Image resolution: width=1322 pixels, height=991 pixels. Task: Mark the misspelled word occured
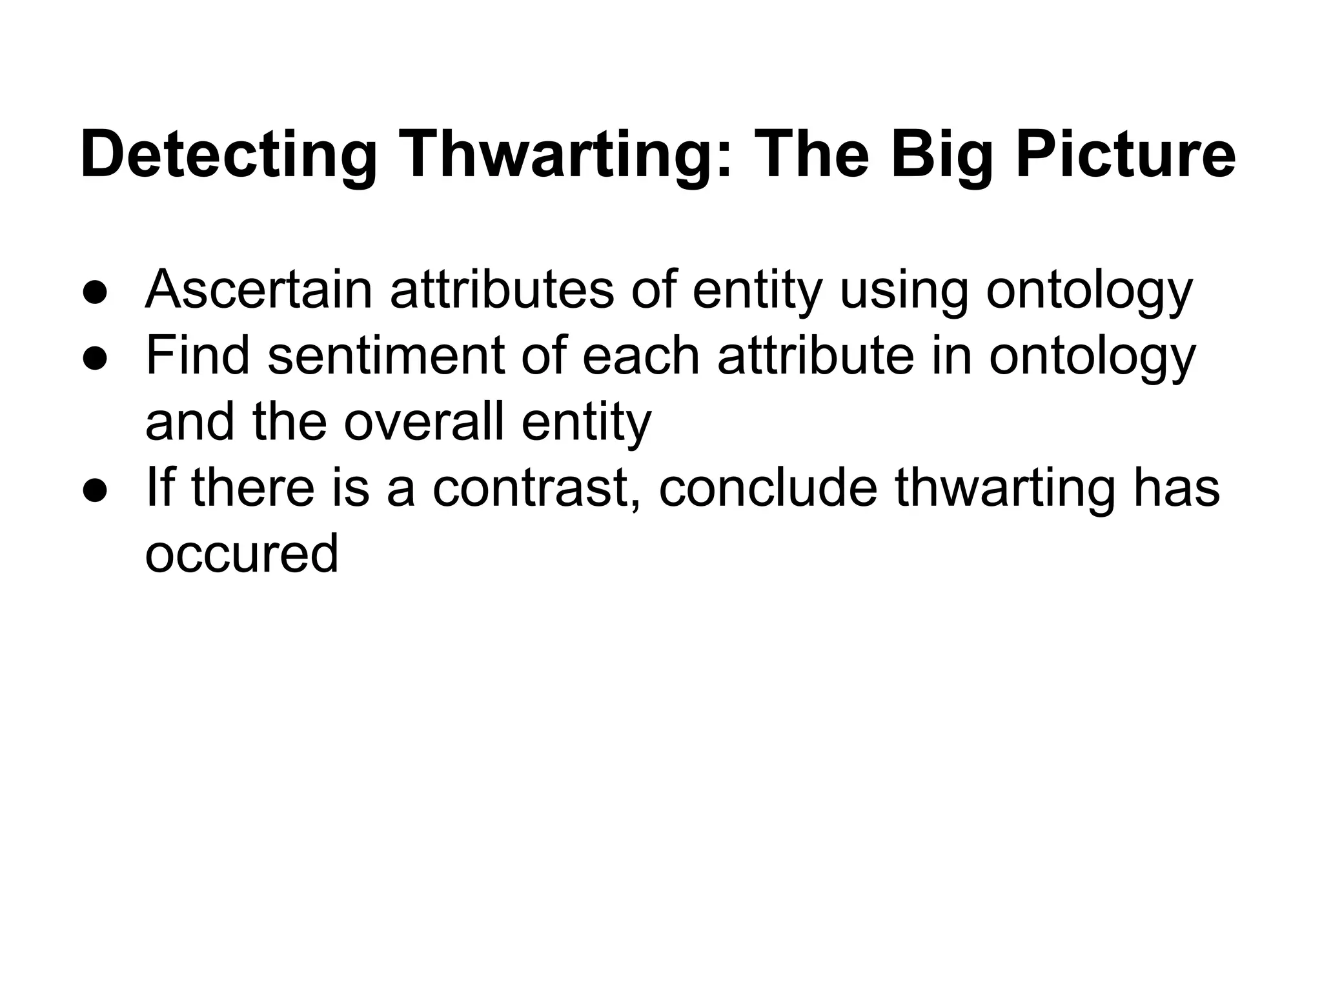[241, 555]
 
